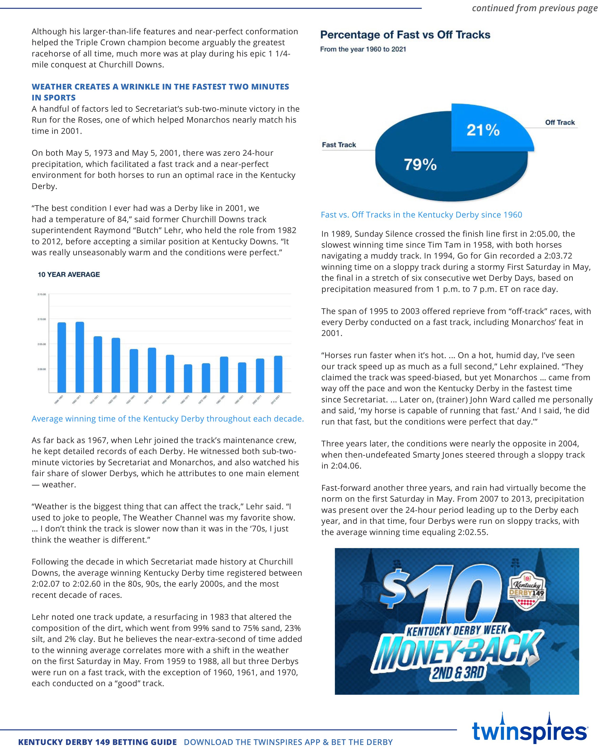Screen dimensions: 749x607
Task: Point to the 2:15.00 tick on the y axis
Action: pos(42,295)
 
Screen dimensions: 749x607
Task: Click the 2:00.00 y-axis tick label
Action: pos(42,369)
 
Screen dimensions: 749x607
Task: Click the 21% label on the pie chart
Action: pos(483,130)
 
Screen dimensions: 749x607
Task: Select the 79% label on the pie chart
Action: pos(420,164)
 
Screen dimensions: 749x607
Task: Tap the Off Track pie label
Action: pos(560,122)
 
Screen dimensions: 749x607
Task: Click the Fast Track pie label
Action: pos(338,145)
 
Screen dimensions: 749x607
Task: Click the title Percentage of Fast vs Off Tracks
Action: pos(405,35)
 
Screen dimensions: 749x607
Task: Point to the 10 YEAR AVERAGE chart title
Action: pos(69,275)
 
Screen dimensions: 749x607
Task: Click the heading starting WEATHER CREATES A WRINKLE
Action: pos(160,92)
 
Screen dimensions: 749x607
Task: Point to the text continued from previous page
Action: pos(535,8)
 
